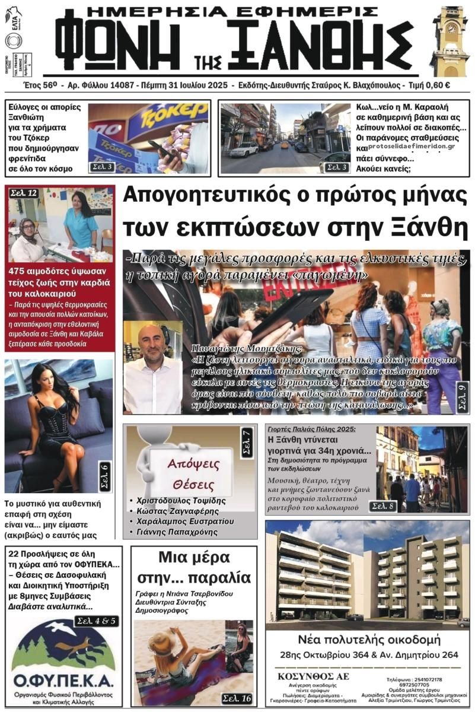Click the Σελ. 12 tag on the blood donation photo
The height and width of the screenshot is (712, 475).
click(23, 193)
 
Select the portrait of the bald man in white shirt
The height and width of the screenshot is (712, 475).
click(153, 365)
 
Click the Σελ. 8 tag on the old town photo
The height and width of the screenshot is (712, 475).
click(384, 506)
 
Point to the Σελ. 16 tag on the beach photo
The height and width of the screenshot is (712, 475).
click(237, 698)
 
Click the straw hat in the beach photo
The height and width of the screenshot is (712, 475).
click(161, 644)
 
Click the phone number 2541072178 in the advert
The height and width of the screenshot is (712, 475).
click(426, 679)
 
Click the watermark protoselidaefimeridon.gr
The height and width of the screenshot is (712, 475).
click(411, 146)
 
